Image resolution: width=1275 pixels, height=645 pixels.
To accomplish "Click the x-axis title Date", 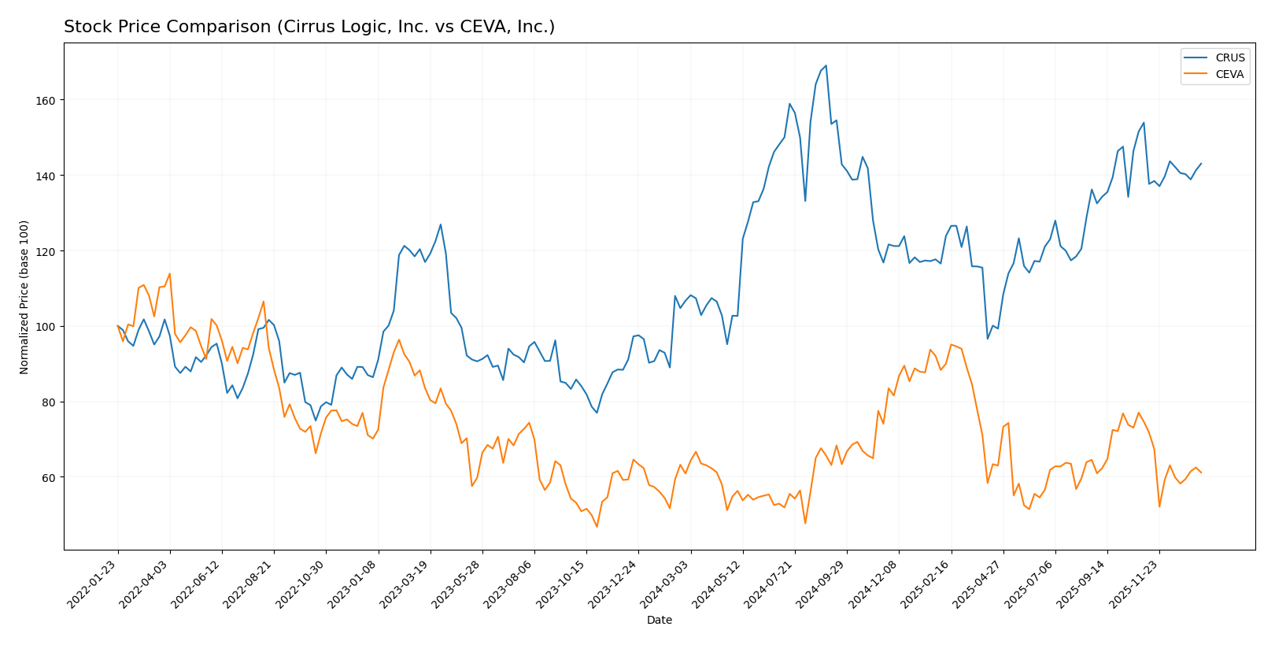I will pos(659,621).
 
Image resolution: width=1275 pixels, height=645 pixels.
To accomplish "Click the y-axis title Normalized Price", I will pos(24,297).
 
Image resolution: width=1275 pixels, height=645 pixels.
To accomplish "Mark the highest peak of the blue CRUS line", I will pos(826,65).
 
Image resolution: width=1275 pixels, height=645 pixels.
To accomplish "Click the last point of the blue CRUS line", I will pos(1201,164).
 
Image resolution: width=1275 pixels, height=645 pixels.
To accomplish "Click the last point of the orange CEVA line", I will pos(1201,473).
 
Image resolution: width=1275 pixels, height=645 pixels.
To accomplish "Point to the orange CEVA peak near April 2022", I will pos(169,274).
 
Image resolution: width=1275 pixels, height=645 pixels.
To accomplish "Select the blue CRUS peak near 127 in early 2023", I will pos(441,224).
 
